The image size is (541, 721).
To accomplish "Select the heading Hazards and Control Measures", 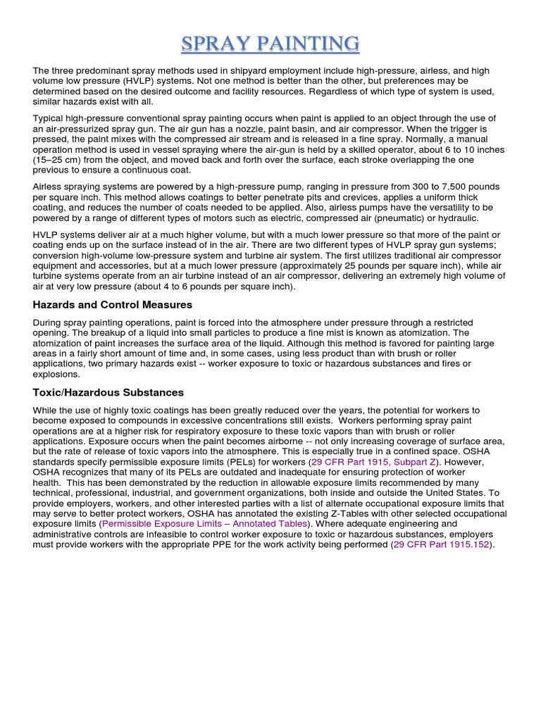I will [112, 305].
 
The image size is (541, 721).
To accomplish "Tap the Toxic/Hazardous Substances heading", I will [108, 392].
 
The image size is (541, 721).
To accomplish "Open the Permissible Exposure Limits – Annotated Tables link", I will [205, 524].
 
